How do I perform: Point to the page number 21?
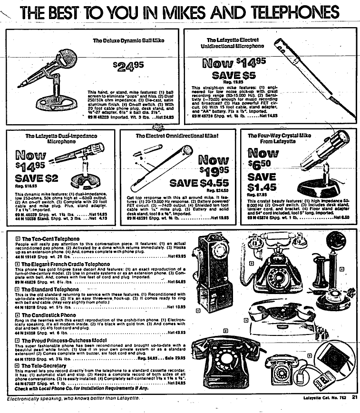(x=354, y=398)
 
